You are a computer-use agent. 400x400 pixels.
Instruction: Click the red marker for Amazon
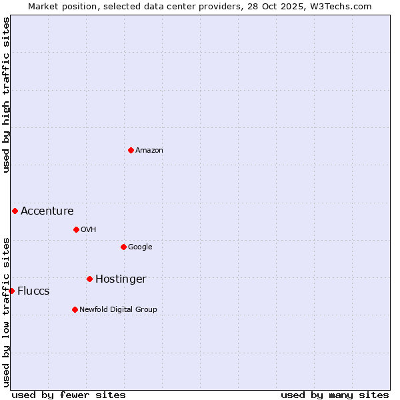click(131, 150)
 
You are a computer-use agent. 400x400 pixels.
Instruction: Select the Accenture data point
click(15, 211)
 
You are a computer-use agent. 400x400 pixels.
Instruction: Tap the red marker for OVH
click(76, 229)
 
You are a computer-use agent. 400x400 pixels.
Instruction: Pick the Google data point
click(123, 247)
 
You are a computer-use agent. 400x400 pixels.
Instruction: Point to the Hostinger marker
click(89, 279)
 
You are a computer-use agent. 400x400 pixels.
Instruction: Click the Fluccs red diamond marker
click(11, 291)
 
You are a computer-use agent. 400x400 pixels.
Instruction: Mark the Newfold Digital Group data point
click(75, 309)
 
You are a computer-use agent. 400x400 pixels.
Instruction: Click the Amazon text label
click(149, 151)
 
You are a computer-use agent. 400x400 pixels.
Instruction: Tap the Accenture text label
click(47, 211)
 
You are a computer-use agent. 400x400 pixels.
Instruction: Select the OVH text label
click(89, 230)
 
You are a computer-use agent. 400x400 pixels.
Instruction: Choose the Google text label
click(140, 247)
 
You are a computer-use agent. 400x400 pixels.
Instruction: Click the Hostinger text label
click(121, 279)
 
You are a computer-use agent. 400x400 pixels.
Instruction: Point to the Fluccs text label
click(33, 291)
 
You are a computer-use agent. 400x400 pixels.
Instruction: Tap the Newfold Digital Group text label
click(118, 310)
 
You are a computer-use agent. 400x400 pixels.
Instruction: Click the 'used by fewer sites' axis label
click(69, 395)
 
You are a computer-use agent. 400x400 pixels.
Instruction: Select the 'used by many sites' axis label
click(335, 395)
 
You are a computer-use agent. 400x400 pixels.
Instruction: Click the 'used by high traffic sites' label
click(6, 95)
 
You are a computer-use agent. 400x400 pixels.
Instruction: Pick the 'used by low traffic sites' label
click(6, 312)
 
